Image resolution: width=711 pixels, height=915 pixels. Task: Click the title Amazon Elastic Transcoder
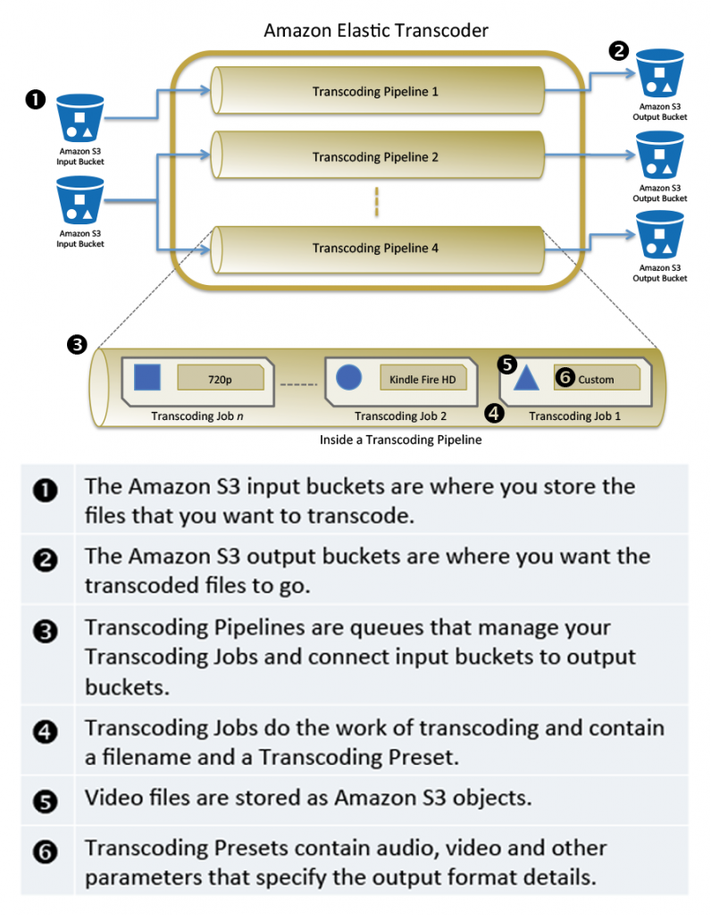(376, 30)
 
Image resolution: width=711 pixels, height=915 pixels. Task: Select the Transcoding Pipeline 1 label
(375, 91)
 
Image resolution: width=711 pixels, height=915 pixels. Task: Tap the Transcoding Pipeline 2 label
(375, 157)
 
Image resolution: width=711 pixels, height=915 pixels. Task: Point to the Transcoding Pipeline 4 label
(375, 248)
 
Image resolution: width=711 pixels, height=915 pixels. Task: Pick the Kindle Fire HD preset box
(422, 379)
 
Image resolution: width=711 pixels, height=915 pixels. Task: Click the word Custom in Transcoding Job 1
(596, 379)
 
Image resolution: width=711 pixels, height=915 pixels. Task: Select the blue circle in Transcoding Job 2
(348, 378)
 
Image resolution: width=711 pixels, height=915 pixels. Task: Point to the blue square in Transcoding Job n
(146, 378)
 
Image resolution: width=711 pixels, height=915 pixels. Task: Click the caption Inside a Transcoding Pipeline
(400, 441)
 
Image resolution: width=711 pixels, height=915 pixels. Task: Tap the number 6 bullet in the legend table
(46, 852)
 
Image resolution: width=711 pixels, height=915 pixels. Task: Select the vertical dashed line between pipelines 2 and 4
(376, 202)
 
